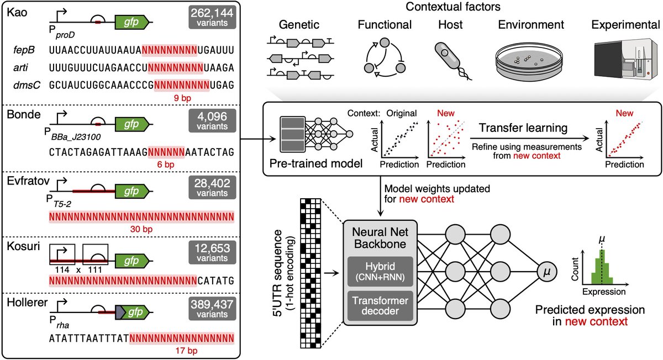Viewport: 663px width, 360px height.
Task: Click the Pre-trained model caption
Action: (x=313, y=165)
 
